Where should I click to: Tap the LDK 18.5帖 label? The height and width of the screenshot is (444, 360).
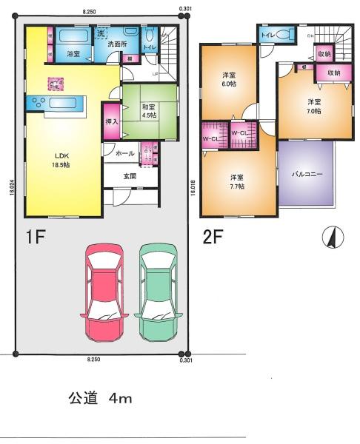coord(61,161)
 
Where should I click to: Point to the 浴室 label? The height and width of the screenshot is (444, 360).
coord(73,54)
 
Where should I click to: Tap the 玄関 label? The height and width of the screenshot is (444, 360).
coord(130,175)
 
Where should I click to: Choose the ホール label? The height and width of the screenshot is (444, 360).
coord(124,152)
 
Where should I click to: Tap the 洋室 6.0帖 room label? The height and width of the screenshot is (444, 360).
coord(230,81)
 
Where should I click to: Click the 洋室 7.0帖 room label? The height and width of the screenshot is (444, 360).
coord(316,106)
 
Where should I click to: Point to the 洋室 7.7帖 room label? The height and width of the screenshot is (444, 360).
coord(236,181)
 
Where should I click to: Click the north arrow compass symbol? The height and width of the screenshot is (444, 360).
coord(333,238)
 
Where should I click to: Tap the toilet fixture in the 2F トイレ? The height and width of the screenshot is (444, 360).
coord(284,35)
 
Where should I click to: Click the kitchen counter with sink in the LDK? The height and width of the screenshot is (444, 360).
coord(57,104)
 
